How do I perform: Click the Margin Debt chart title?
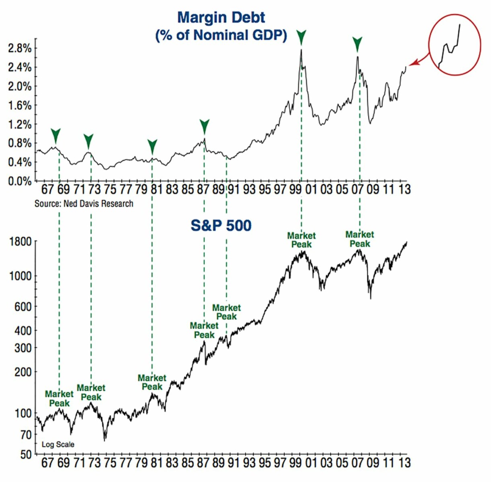point(221,26)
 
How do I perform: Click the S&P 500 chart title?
point(221,225)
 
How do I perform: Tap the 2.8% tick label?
point(20,49)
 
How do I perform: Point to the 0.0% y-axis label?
point(20,181)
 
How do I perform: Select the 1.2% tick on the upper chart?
point(20,125)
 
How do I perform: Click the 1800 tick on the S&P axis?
point(20,242)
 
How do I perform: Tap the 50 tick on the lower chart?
point(25,455)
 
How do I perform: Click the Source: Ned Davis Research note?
point(84,204)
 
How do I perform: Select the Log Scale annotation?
point(58,444)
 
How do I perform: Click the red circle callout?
point(454,44)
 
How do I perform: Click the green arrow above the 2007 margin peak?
point(357,43)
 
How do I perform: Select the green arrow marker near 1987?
point(205,126)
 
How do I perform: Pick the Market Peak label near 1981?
point(152,382)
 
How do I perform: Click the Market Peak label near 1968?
point(59,398)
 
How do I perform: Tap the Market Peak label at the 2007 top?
point(360,239)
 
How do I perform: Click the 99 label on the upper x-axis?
point(296,189)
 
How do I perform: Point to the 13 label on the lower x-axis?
point(405,463)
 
